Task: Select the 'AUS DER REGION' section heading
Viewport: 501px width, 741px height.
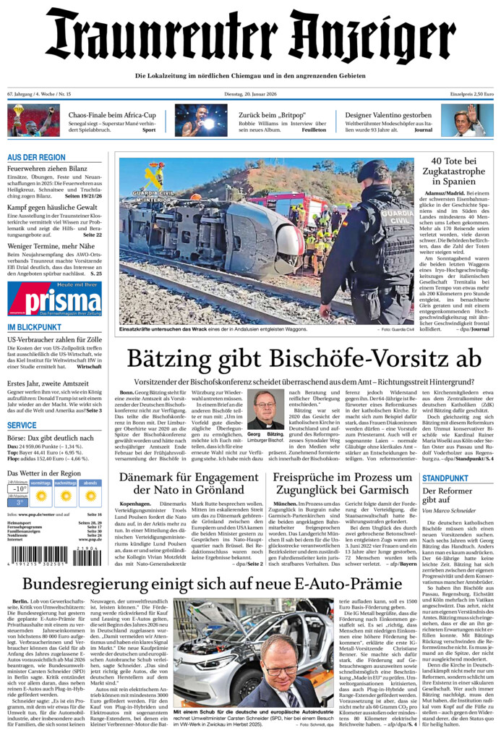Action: point(36,157)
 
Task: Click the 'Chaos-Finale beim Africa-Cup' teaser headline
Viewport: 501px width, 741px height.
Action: point(112,115)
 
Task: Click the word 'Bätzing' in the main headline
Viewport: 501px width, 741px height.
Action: point(172,360)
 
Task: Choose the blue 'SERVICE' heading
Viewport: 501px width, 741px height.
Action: point(22,425)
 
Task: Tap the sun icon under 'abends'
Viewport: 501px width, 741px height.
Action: point(90,496)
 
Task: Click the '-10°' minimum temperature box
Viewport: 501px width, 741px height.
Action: point(18,488)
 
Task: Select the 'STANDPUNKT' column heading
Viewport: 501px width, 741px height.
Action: point(445,479)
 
